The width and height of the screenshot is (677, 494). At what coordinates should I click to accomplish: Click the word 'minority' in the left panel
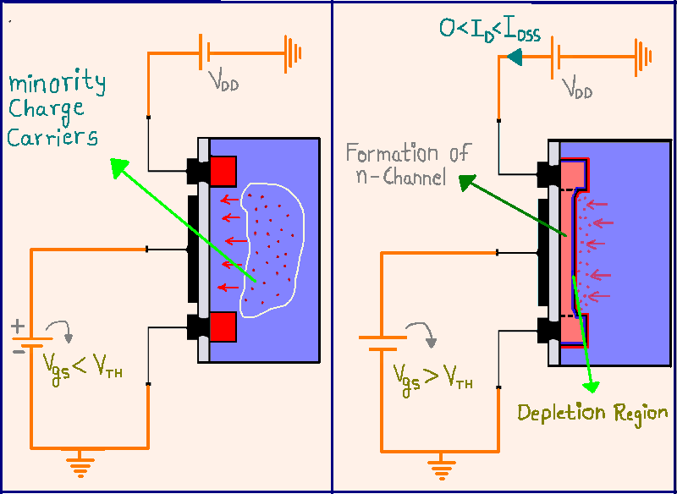point(57,83)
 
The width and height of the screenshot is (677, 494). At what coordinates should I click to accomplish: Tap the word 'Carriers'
point(52,138)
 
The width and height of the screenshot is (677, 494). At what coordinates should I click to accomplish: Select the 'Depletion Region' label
point(592,414)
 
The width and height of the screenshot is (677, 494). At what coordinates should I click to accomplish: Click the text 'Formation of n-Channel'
point(407,164)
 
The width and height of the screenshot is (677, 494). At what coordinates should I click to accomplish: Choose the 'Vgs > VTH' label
point(432,379)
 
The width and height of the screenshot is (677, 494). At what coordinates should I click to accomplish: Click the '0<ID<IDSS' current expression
point(490,30)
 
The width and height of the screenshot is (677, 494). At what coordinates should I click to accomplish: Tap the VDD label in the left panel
point(223,80)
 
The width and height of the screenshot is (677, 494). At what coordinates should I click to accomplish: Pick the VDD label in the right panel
point(577,88)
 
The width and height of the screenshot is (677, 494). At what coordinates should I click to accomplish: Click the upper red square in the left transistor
point(223,171)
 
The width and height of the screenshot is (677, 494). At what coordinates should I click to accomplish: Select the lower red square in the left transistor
point(223,327)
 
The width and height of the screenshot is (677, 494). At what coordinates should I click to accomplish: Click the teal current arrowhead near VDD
point(515,58)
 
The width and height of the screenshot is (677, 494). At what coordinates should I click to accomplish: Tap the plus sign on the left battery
point(18,327)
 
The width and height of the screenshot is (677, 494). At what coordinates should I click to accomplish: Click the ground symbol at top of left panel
point(292,53)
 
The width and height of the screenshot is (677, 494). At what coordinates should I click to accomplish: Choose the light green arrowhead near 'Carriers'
point(119,167)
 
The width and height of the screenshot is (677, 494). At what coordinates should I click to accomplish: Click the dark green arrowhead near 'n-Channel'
point(467,183)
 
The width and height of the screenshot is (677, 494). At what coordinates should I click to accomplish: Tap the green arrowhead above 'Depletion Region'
point(592,387)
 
